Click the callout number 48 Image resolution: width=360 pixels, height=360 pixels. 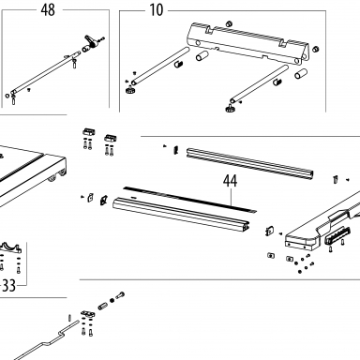pyautogui.click(x=48, y=10)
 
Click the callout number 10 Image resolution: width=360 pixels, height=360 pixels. pyautogui.click(x=157, y=10)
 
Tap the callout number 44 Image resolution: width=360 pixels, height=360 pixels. pyautogui.click(x=231, y=181)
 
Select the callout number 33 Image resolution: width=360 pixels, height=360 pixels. pyautogui.click(x=8, y=285)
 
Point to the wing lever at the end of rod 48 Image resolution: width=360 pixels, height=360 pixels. pyautogui.click(x=91, y=41)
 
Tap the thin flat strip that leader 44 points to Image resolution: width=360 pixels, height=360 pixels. pyautogui.click(x=189, y=200)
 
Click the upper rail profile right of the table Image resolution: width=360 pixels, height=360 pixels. pyautogui.click(x=250, y=164)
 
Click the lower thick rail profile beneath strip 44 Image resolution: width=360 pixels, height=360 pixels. pyautogui.click(x=181, y=215)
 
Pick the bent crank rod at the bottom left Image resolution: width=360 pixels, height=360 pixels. pyautogui.click(x=45, y=341)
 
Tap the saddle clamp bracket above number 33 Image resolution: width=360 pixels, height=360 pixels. pyautogui.click(x=10, y=247)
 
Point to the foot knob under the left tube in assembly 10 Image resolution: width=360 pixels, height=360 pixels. pyautogui.click(x=129, y=91)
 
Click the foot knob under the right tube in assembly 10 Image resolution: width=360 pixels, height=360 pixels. pyautogui.click(x=229, y=109)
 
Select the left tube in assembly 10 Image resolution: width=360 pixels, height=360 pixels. pyautogui.click(x=160, y=66)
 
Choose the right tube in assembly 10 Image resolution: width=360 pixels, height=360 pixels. pyautogui.click(x=259, y=84)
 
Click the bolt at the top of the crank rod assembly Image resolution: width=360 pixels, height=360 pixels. pyautogui.click(x=120, y=295)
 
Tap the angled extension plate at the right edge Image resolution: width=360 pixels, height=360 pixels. pyautogui.click(x=322, y=222)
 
